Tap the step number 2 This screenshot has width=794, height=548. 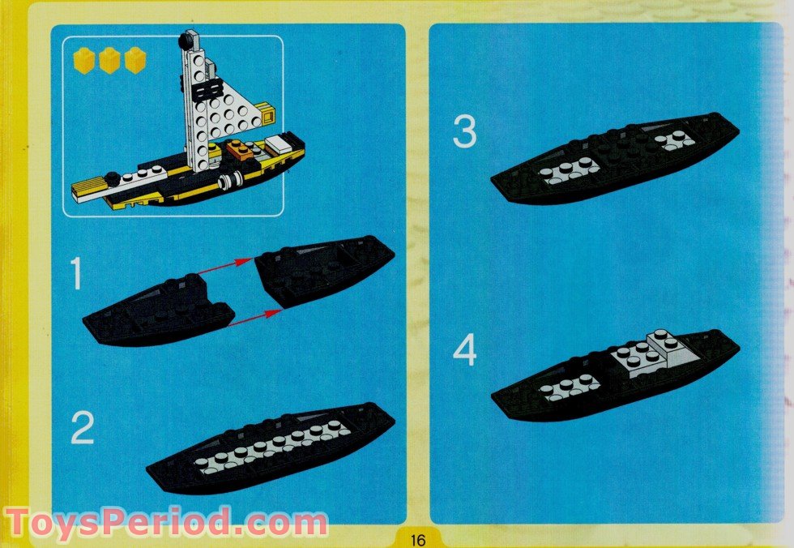(x=82, y=428)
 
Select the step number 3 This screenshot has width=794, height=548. (x=464, y=132)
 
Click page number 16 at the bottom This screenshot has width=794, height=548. (x=417, y=539)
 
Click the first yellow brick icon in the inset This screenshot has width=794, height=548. (x=83, y=60)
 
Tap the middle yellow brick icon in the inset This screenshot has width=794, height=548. (x=109, y=61)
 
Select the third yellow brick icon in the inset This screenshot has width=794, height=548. (x=134, y=61)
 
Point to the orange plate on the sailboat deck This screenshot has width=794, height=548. (x=237, y=148)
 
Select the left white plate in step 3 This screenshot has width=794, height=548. (x=570, y=170)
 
